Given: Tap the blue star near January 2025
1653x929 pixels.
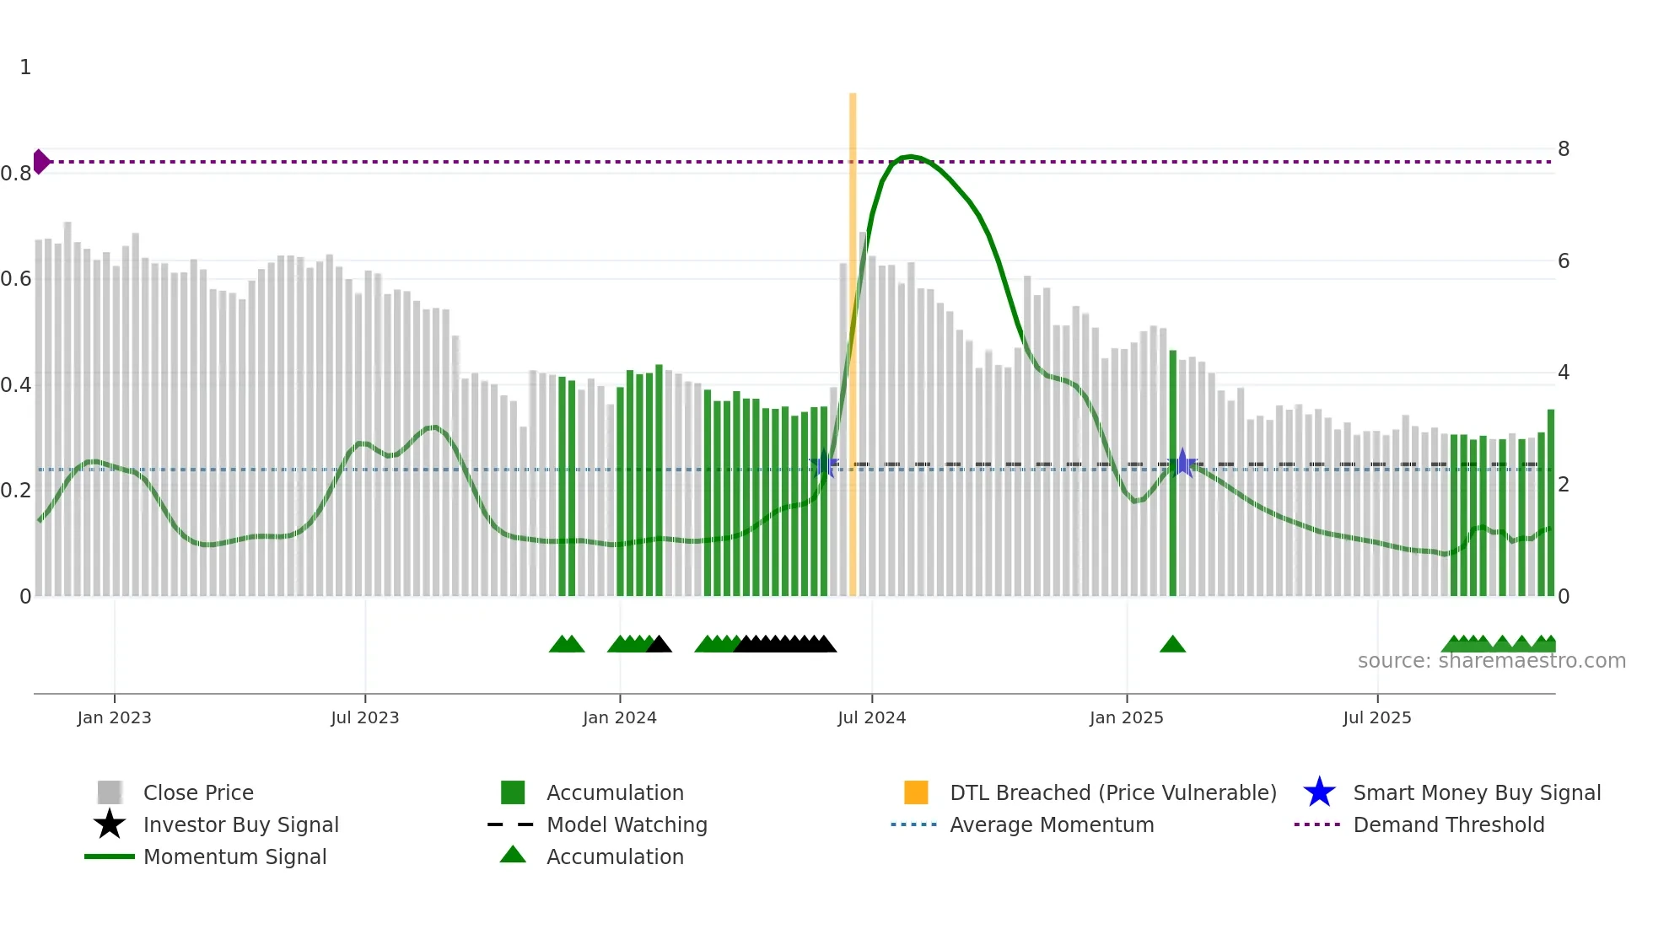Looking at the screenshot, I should [x=1182, y=463].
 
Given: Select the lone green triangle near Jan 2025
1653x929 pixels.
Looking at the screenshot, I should [x=1172, y=645].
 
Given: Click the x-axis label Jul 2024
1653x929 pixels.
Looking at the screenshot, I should [x=871, y=718].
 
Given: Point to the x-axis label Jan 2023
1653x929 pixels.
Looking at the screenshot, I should [x=114, y=718].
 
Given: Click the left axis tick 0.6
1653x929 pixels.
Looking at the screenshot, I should [x=16, y=279].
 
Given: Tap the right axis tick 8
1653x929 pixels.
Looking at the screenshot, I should [x=1564, y=149].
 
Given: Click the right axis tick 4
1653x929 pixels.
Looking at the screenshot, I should [x=1564, y=373].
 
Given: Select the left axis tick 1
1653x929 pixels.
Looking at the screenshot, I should [x=25, y=67].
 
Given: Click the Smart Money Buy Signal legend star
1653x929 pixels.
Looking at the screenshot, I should [x=1319, y=792].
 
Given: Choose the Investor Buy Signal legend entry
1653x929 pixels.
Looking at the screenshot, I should [x=240, y=824].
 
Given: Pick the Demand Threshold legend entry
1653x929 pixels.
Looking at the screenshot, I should [x=1448, y=824].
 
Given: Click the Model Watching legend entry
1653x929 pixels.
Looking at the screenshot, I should [x=626, y=824].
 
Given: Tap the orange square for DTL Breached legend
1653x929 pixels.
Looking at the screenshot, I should [x=916, y=792].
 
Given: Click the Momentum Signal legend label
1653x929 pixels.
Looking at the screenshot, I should [x=234, y=857].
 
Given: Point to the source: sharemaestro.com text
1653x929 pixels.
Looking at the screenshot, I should [x=1491, y=661].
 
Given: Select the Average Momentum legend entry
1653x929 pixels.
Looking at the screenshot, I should [x=1051, y=824].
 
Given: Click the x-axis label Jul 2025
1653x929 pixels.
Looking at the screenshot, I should [x=1376, y=718].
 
